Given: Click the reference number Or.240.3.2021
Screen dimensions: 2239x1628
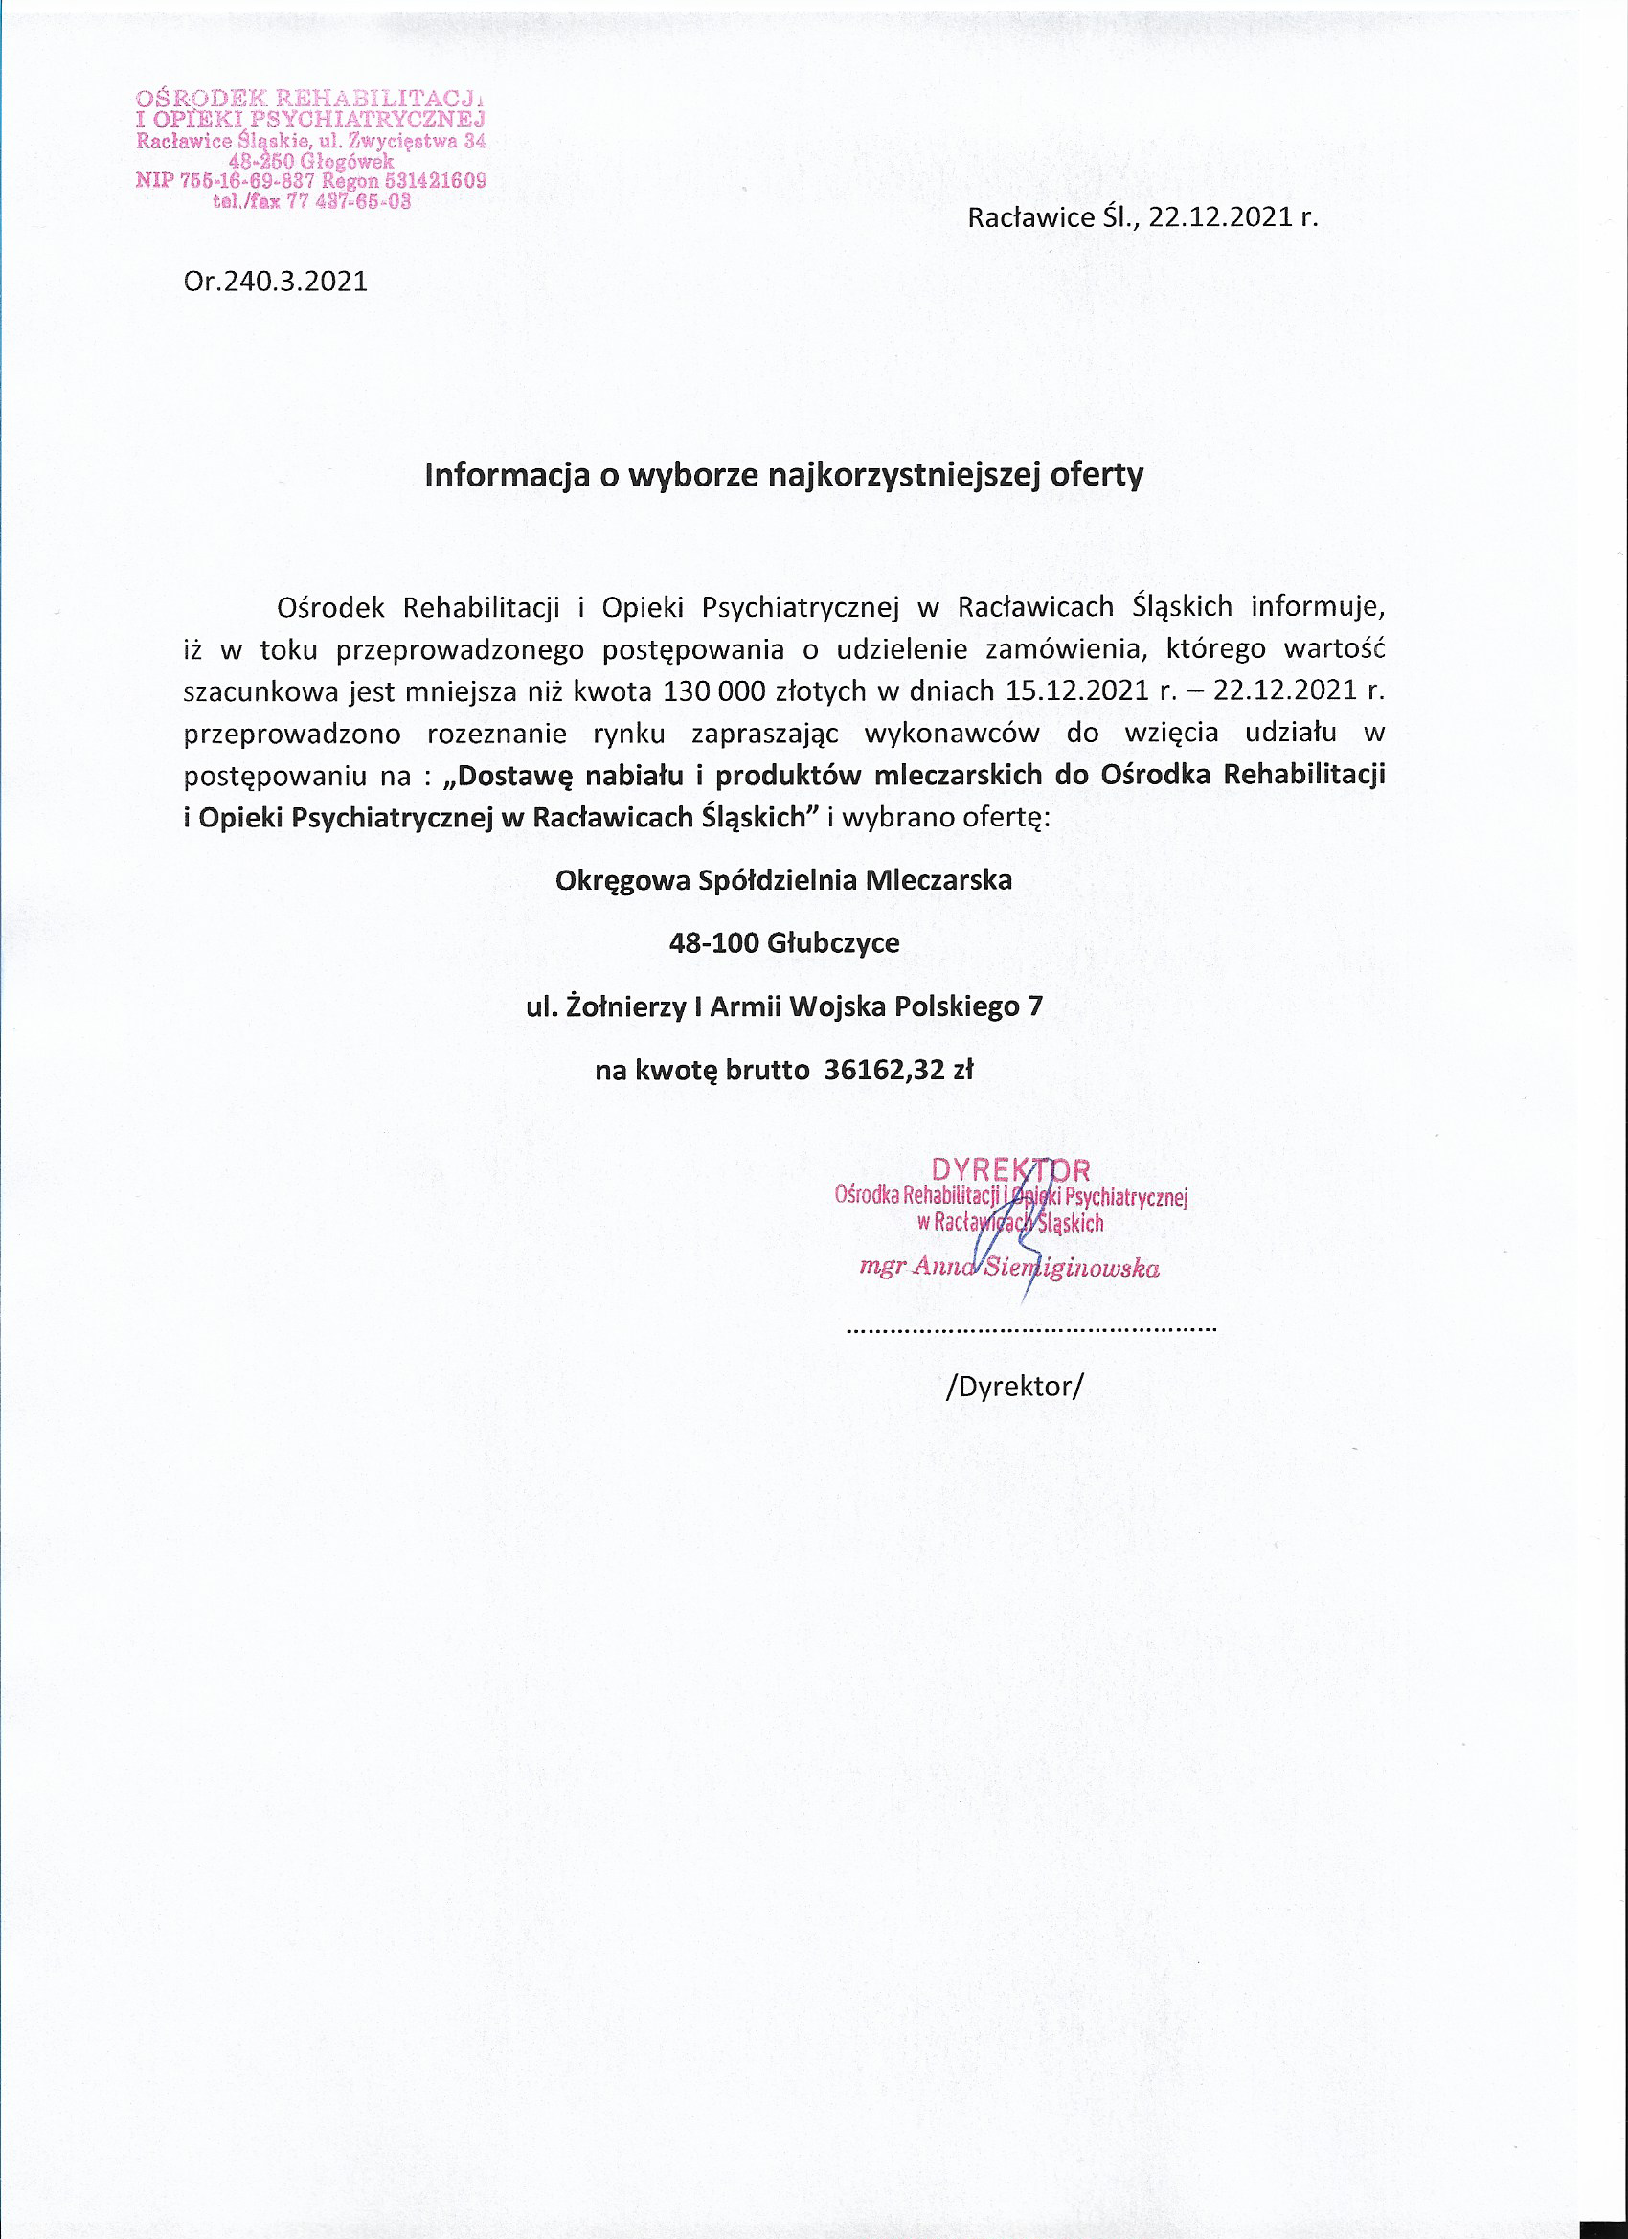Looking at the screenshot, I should click(276, 283).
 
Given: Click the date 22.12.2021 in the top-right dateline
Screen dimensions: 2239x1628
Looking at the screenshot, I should click(1220, 217).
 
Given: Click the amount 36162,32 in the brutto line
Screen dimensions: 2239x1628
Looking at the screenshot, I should click(884, 1070).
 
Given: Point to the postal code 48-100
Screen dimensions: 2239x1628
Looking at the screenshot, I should click(712, 942).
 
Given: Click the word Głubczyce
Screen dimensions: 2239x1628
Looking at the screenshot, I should click(833, 942).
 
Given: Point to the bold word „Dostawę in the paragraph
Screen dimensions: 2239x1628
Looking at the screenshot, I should click(509, 775).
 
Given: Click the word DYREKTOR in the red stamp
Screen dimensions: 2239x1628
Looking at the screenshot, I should click(1010, 1171).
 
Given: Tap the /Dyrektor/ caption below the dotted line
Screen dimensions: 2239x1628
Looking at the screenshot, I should click(1014, 1387).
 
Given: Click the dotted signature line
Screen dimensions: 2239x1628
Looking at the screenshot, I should click(1030, 1331).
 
